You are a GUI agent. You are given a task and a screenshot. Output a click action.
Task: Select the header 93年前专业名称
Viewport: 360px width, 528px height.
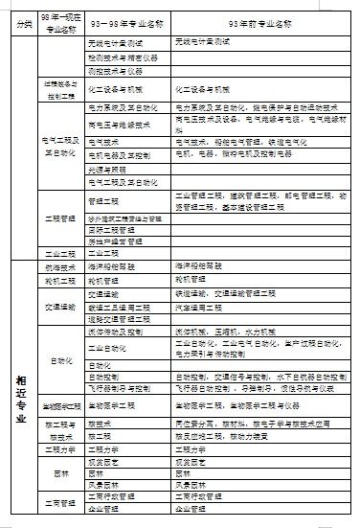259,20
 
